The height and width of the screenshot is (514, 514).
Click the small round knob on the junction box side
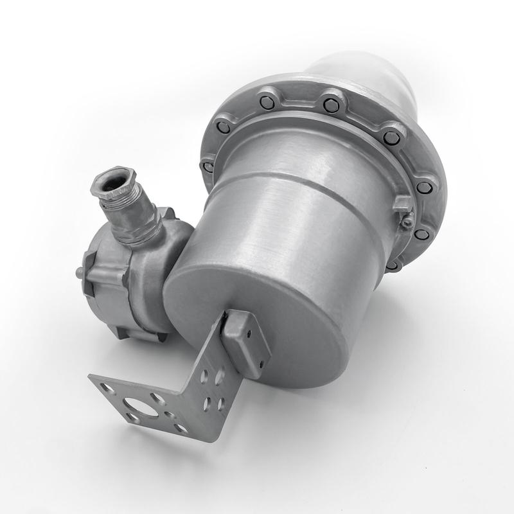[x=79, y=273]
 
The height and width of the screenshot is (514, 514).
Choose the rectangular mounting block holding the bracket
[x=245, y=341]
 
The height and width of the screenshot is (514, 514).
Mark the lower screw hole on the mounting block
[x=259, y=364]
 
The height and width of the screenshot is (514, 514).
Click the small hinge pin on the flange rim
[x=407, y=222]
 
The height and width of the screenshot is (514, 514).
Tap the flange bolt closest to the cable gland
[x=208, y=166]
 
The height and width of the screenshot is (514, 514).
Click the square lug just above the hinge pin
[x=403, y=204]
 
